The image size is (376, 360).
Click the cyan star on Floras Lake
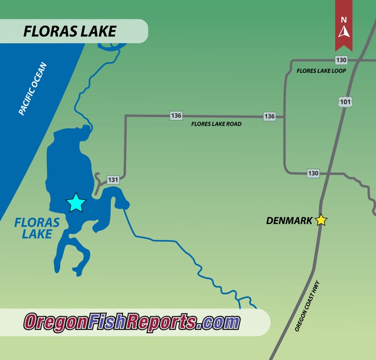(x=76, y=203)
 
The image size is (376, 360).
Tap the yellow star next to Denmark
(x=321, y=220)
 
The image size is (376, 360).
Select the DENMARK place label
(x=289, y=220)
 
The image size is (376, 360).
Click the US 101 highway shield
(x=345, y=101)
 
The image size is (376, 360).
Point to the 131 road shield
(x=113, y=180)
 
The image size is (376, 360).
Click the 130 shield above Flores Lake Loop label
(x=341, y=60)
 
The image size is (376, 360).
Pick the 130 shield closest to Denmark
(x=313, y=173)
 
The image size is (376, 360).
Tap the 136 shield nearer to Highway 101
(x=269, y=116)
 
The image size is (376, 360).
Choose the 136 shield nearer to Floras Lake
(x=176, y=115)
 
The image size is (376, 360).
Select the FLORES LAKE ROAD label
(x=216, y=125)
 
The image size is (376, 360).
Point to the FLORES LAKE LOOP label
(x=321, y=71)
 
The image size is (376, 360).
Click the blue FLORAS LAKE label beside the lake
(x=37, y=228)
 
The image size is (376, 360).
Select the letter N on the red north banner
(x=344, y=20)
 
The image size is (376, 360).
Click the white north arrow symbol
(x=344, y=32)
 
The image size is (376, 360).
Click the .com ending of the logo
(x=219, y=322)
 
